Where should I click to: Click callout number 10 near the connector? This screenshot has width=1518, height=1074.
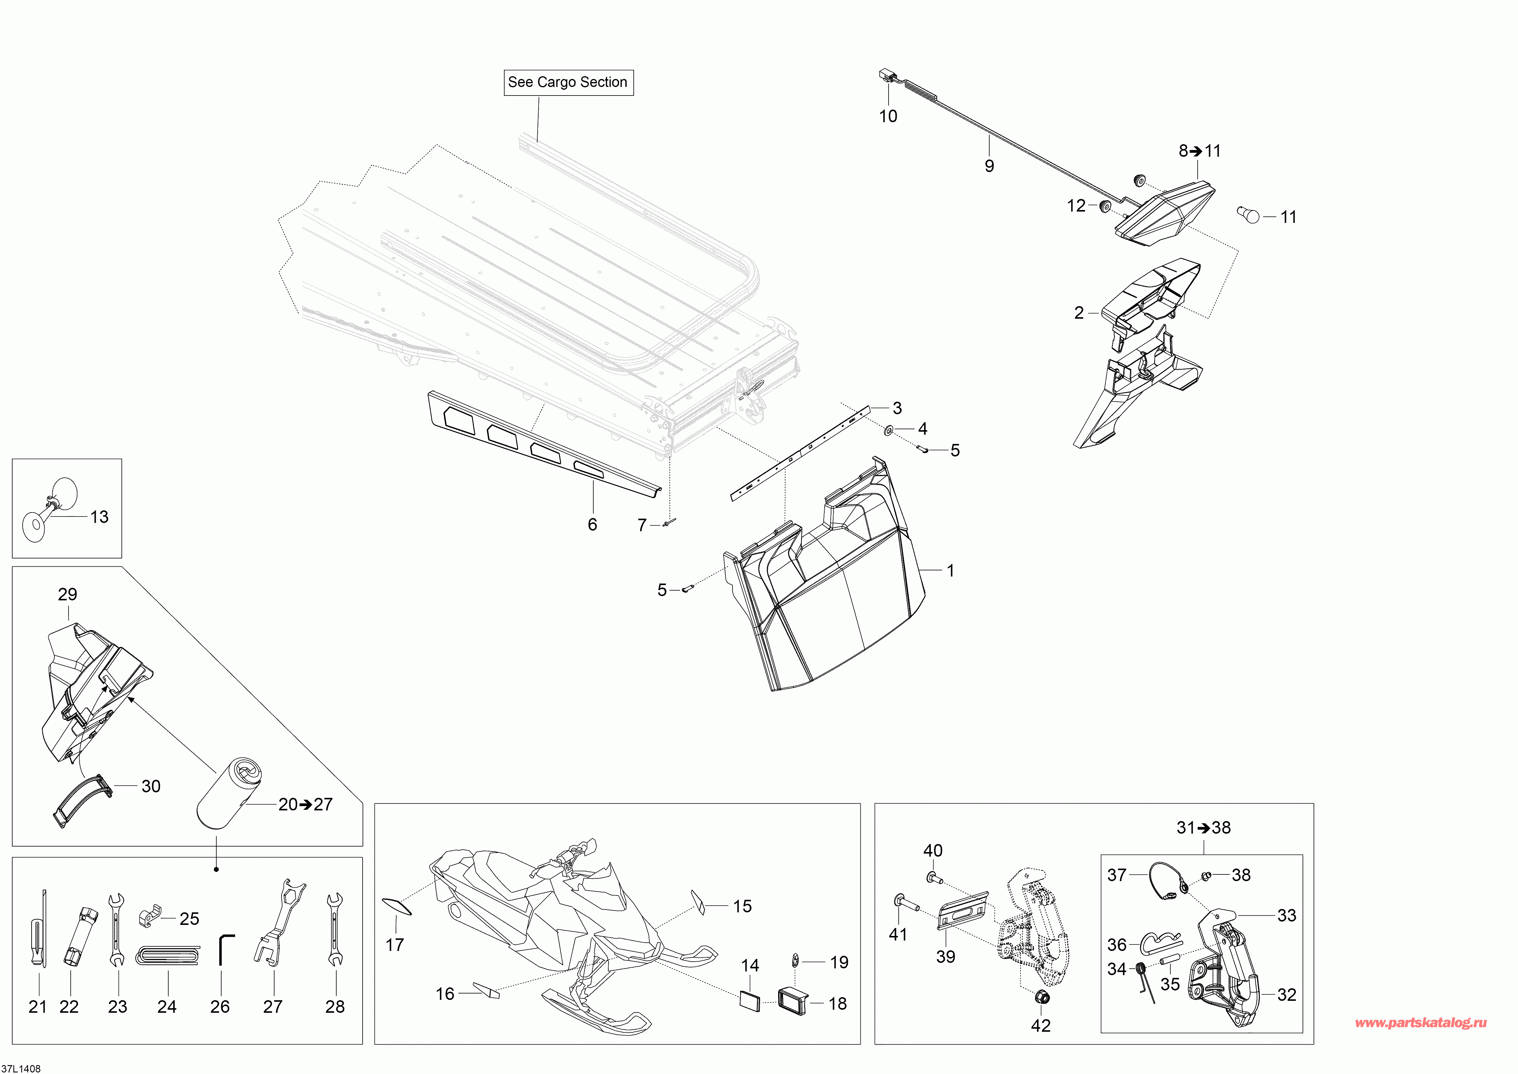click(888, 116)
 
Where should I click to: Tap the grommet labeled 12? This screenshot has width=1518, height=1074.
click(1105, 206)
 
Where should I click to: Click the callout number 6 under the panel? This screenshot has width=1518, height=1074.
click(592, 524)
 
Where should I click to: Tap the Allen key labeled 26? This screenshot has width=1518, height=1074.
click(226, 950)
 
